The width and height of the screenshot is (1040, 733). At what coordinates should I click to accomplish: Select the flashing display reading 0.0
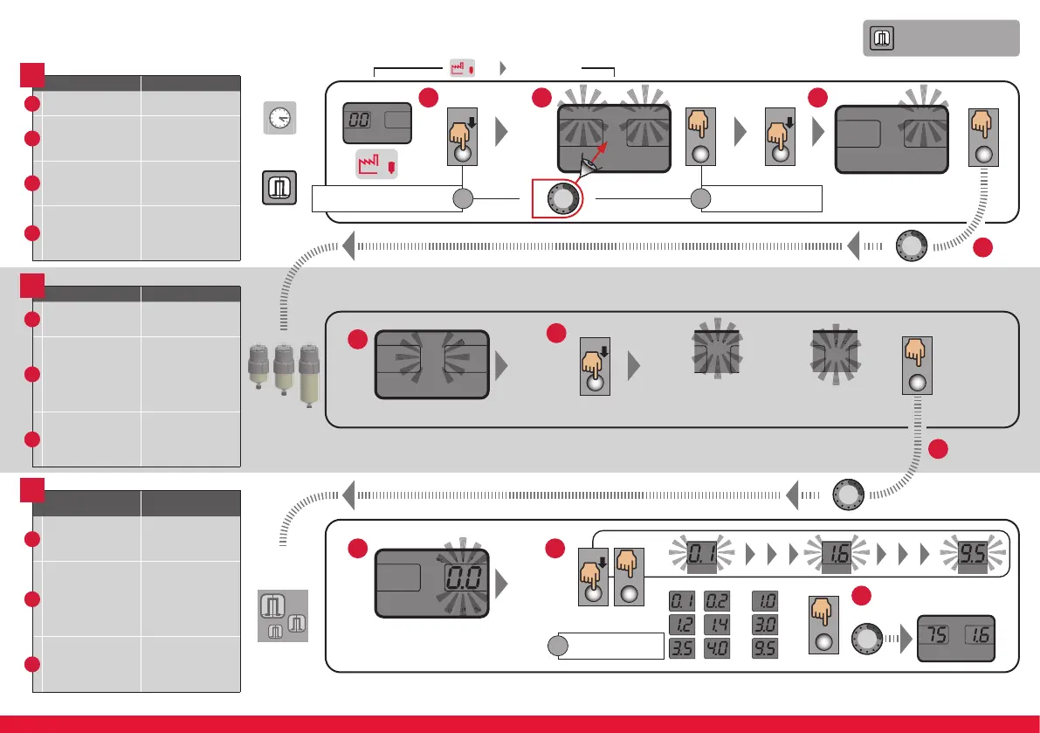coord(463,577)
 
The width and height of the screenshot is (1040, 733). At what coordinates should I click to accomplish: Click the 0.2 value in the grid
coord(716,602)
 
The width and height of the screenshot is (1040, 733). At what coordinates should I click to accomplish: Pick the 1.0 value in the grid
coord(765,602)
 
